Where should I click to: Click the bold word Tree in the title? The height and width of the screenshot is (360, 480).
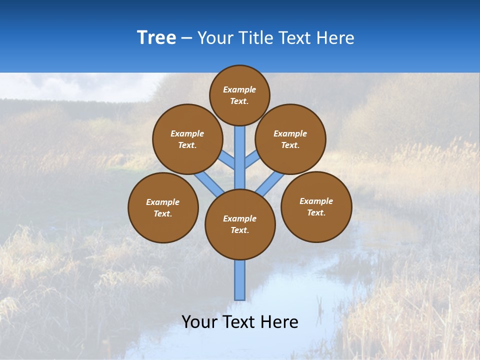coord(156,37)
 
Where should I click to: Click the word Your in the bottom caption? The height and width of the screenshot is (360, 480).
coord(199,322)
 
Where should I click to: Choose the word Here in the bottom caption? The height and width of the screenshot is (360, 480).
coord(279,322)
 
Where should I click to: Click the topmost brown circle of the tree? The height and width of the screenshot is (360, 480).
coord(239,95)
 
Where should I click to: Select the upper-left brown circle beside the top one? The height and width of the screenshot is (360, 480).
coord(187,139)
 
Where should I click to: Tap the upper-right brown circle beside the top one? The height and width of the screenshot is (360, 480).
coord(290,139)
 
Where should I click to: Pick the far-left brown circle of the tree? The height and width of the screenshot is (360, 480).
coord(163,207)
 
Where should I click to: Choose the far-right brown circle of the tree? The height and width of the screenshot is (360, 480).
coord(316,206)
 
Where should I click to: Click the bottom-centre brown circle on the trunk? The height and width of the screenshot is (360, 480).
coord(240,224)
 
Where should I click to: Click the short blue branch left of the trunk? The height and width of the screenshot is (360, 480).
coord(227,161)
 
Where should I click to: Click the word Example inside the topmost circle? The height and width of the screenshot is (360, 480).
coord(239,89)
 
